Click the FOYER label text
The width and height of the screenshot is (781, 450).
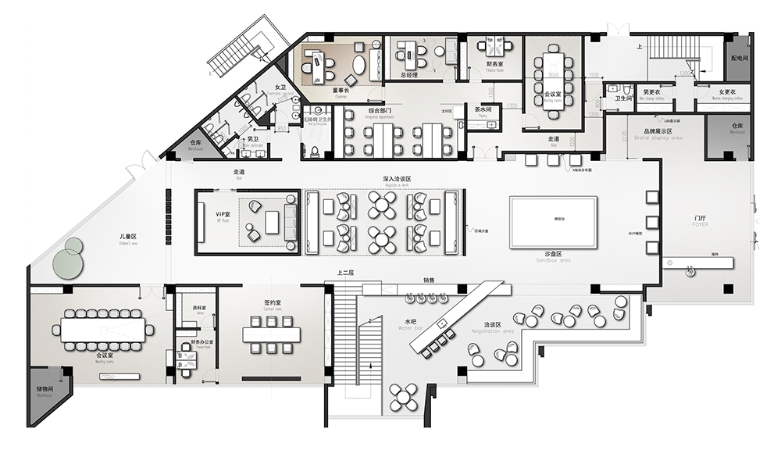click(x=701, y=225)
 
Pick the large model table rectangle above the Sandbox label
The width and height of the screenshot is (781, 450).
click(x=553, y=222)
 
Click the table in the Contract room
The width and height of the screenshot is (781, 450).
click(x=272, y=334)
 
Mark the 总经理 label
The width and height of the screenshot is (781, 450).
click(x=409, y=75)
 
